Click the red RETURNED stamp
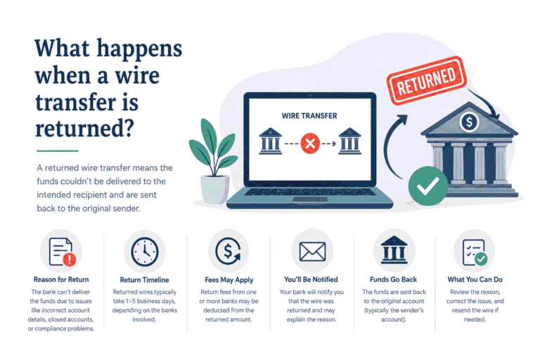[426, 80]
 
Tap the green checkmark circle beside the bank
[427, 186]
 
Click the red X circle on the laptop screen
[310, 143]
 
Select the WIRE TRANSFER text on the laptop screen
[309, 116]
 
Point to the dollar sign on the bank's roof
[469, 122]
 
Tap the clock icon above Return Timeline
[145, 252]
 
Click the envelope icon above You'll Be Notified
[312, 252]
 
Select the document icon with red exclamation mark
[62, 252]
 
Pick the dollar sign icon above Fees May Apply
[228, 251]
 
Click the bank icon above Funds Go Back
[394, 250]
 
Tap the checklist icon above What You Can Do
[475, 252]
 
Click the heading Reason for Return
[61, 279]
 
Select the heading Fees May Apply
[229, 280]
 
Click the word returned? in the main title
[84, 128]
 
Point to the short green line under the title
[58, 151]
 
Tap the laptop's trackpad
[310, 199]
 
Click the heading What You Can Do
[475, 279]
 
